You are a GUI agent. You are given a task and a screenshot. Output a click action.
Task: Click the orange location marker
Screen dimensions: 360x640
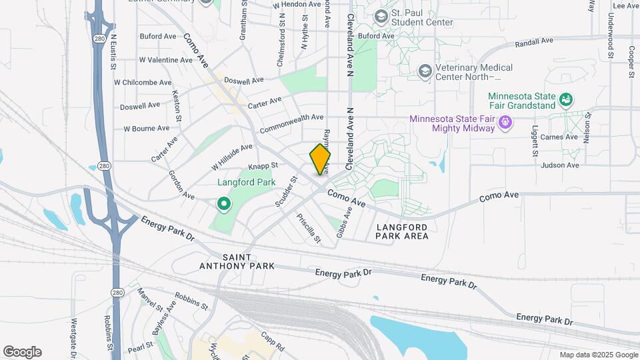click(320, 159)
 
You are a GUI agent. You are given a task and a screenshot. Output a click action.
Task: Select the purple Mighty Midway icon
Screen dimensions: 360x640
click(505, 122)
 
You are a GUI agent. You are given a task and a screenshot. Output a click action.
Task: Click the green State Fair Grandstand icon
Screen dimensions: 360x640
click(566, 100)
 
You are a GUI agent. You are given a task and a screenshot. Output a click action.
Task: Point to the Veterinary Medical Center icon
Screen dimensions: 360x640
click(425, 71)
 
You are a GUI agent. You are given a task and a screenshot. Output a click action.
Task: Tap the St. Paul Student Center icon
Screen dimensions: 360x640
click(381, 15)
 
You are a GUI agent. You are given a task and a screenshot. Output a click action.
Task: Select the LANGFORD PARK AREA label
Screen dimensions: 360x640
click(401, 231)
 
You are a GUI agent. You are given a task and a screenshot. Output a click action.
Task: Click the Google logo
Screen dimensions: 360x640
click(22, 352)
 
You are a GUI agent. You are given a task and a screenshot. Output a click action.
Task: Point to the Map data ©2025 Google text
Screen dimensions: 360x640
click(598, 355)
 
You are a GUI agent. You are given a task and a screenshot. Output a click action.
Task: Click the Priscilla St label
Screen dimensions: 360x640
click(309, 228)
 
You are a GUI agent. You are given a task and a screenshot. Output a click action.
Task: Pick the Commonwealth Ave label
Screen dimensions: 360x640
click(292, 122)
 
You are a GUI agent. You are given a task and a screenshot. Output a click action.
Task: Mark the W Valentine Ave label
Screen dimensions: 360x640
click(165, 60)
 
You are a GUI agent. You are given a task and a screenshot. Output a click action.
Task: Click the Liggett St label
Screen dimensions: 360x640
click(535, 141)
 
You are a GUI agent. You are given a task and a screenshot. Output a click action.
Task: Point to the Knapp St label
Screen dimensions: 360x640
click(262, 164)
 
